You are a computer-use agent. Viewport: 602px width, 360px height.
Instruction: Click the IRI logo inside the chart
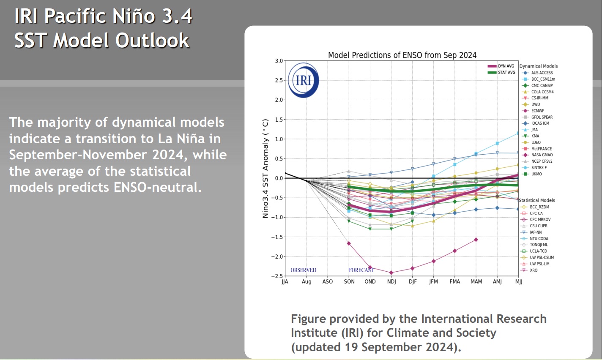pyautogui.click(x=303, y=80)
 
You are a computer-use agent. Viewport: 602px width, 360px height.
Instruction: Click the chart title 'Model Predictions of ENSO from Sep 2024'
pyautogui.click(x=402, y=55)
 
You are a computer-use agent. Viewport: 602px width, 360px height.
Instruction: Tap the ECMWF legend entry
pyautogui.click(x=537, y=111)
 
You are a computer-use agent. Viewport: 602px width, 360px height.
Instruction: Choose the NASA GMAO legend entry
pyautogui.click(x=542, y=155)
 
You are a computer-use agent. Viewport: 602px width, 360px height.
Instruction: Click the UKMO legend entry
pyautogui.click(x=536, y=174)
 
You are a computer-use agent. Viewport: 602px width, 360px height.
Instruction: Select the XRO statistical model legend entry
pyautogui.click(x=534, y=270)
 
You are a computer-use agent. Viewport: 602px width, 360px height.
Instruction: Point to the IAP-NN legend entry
pyautogui.click(x=535, y=232)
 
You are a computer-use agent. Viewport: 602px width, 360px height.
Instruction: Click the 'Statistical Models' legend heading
pyautogui.click(x=537, y=200)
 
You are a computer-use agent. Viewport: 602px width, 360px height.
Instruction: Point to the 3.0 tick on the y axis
pyautogui.click(x=279, y=61)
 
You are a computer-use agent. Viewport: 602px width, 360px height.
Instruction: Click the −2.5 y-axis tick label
pyautogui.click(x=277, y=276)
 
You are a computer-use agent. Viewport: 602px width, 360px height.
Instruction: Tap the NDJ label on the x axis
pyautogui.click(x=391, y=282)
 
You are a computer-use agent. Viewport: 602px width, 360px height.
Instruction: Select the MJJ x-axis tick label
pyautogui.click(x=519, y=282)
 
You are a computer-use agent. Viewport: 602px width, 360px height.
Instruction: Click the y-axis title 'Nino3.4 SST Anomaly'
pyautogui.click(x=265, y=168)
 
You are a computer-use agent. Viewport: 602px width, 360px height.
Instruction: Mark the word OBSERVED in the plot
pyautogui.click(x=303, y=270)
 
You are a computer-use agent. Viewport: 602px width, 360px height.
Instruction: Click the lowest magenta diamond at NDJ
pyautogui.click(x=391, y=273)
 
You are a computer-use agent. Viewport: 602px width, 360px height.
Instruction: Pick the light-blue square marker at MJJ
pyautogui.click(x=518, y=134)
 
